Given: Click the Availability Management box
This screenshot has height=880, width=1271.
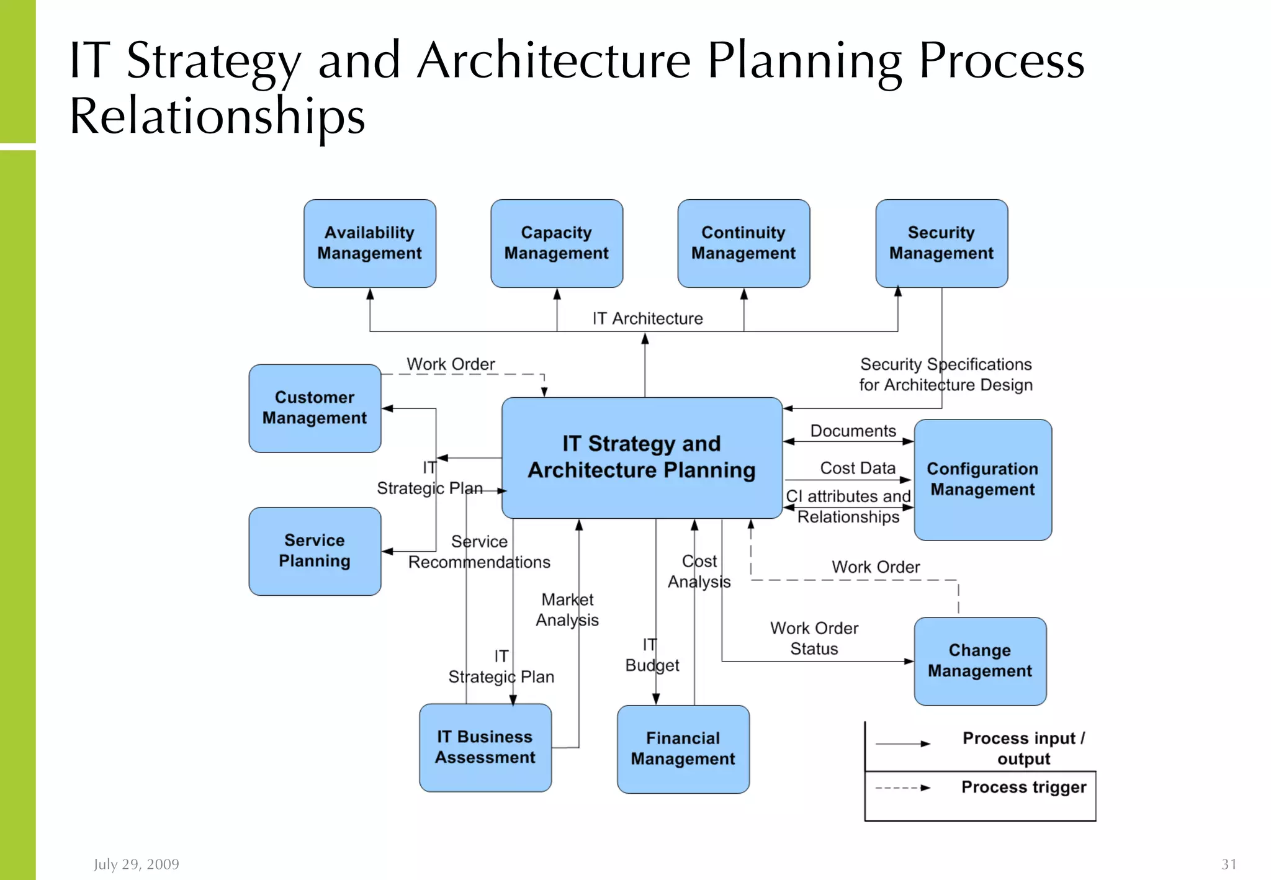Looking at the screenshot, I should [370, 243].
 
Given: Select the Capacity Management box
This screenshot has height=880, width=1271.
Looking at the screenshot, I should [557, 243].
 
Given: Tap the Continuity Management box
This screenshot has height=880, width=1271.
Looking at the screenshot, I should [743, 243].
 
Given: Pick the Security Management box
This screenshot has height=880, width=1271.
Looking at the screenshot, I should [941, 243].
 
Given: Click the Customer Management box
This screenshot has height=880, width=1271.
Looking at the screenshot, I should [315, 408].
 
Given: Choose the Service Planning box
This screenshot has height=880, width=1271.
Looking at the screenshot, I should [315, 551].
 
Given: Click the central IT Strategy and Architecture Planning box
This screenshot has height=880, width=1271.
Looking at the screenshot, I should [642, 457].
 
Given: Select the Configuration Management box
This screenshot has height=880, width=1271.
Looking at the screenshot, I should [982, 479].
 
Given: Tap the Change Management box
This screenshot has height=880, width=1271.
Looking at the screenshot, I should [980, 660].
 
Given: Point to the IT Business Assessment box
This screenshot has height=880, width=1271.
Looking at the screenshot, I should [485, 747].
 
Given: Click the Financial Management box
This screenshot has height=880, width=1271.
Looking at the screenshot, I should [683, 748].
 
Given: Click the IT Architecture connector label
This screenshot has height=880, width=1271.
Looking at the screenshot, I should [647, 318].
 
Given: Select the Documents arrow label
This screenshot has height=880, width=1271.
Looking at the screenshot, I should [853, 431].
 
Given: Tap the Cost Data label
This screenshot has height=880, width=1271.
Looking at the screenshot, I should [858, 468].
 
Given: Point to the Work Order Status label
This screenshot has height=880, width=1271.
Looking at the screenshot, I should [814, 638].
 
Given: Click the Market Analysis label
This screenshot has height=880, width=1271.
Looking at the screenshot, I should [567, 609].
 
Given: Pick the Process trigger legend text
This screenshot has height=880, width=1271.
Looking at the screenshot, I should [1023, 787].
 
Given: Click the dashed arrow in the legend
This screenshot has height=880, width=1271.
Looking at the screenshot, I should [902, 788].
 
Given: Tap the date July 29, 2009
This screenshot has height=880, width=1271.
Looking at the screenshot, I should [137, 864].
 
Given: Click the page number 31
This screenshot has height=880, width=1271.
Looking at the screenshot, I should [1229, 864].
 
